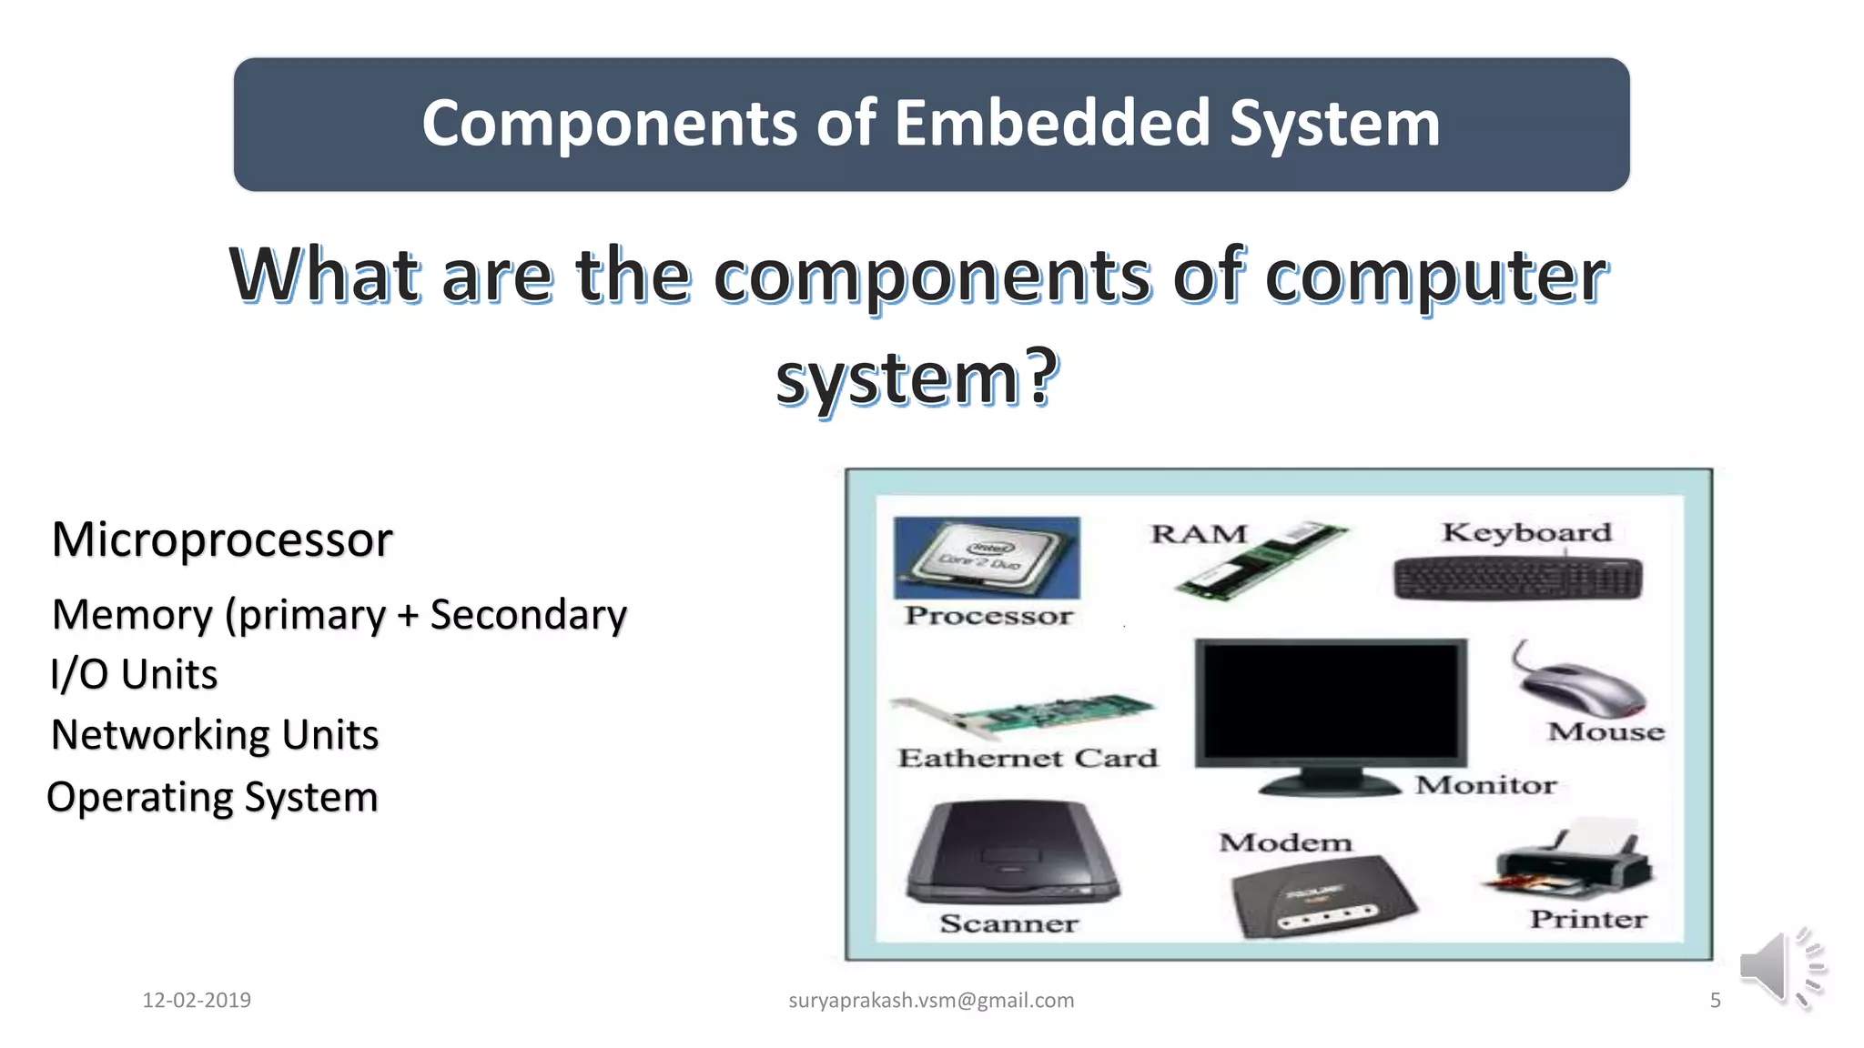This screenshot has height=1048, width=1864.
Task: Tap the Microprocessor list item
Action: (222, 539)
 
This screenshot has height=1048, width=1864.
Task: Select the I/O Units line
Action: (134, 675)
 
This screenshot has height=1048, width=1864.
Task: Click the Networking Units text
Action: (215, 735)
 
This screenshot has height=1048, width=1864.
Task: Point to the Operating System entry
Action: (212, 798)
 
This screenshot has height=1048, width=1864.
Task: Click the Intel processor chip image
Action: (987, 558)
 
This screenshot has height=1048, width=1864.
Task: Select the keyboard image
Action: (1518, 579)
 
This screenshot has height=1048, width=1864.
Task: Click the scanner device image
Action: (1011, 853)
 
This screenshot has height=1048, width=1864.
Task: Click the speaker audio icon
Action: (1779, 968)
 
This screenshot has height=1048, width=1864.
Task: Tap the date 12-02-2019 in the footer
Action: (197, 1001)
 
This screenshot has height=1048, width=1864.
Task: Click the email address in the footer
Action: (931, 1001)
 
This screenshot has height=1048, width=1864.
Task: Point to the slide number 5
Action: (1715, 1001)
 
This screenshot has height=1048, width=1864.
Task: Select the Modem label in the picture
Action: (1285, 843)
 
